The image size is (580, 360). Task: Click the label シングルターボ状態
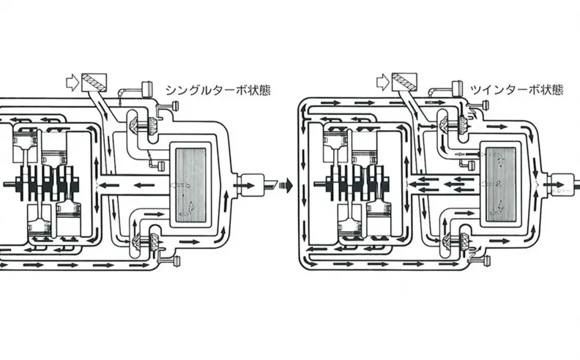pos(218,90)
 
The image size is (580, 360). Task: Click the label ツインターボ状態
pos(516,90)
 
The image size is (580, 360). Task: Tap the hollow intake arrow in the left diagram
pos(72,83)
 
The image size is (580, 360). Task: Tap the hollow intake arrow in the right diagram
pos(383,82)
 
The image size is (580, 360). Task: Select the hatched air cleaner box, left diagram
pos(94,83)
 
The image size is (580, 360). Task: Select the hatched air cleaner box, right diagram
pos(404,82)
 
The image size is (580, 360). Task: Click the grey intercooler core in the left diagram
pos(190,185)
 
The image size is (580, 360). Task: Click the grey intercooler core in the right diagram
pos(500,184)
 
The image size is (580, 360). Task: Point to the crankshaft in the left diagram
pos(42,183)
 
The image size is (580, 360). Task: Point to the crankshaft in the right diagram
pos(352,183)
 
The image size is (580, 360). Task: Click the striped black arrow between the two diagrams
pos(286,184)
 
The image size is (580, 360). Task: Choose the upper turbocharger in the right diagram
pos(454,123)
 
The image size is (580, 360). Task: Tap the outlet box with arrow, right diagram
pos(561,184)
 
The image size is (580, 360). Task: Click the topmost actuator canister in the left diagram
pos(147,88)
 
